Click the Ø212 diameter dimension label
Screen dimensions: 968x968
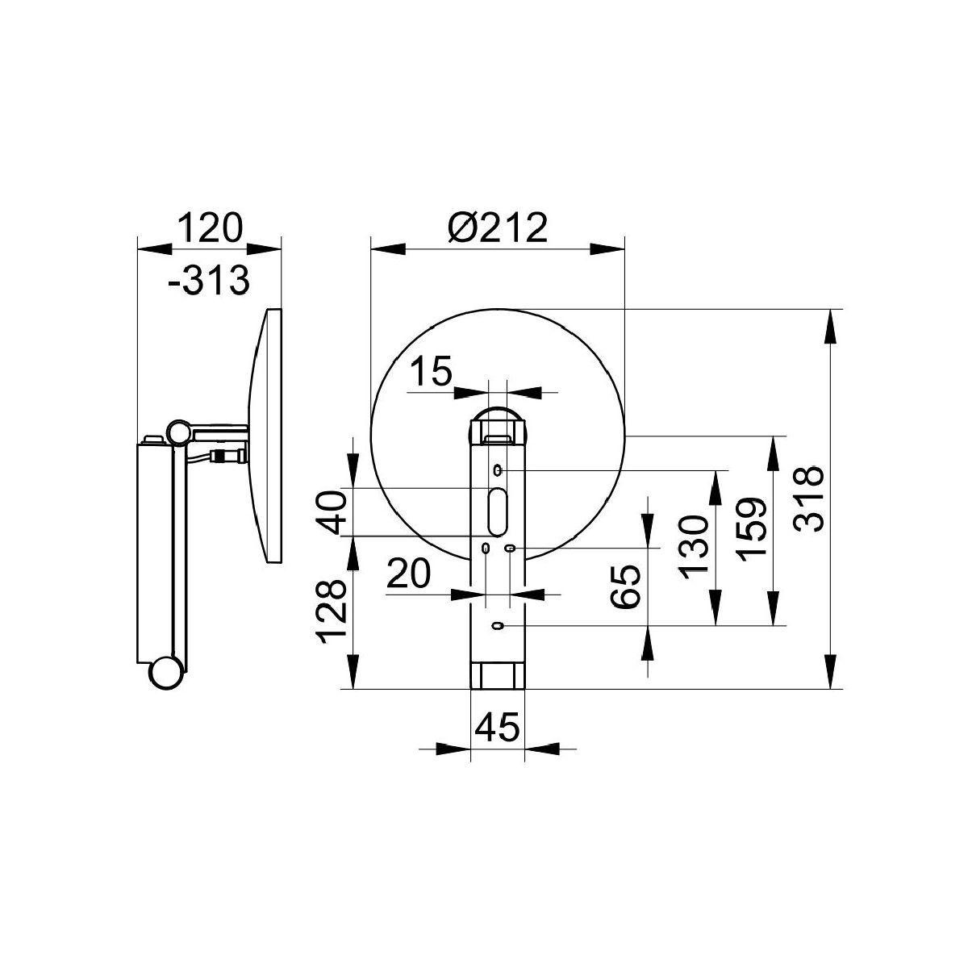497,227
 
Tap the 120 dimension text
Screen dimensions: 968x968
210,227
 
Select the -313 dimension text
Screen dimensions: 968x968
208,280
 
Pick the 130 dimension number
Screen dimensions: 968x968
693,546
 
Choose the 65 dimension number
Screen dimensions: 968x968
626,586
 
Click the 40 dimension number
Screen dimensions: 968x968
331,513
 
